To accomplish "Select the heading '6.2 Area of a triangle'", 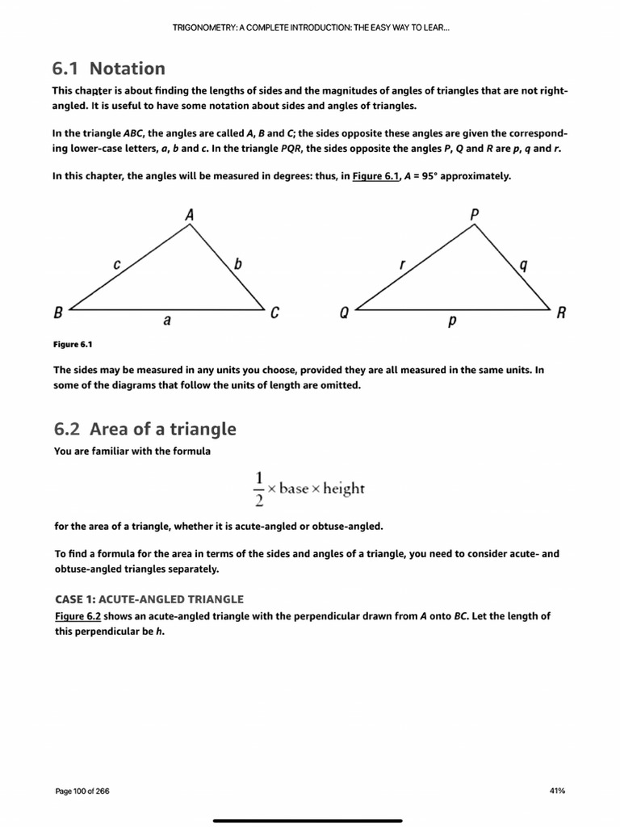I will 145,428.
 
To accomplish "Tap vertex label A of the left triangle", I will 189,215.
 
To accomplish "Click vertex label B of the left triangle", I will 58,313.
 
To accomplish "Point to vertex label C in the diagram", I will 274,313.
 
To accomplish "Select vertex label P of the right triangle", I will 474,214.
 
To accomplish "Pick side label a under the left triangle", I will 167,320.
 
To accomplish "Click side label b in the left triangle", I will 237,263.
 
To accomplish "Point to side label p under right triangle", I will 452,321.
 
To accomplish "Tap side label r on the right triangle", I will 401,263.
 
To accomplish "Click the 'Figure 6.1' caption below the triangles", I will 73,345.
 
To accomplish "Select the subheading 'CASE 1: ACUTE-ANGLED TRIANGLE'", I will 148,598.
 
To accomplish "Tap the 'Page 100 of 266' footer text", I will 82,791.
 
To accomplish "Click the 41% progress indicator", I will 556,791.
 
